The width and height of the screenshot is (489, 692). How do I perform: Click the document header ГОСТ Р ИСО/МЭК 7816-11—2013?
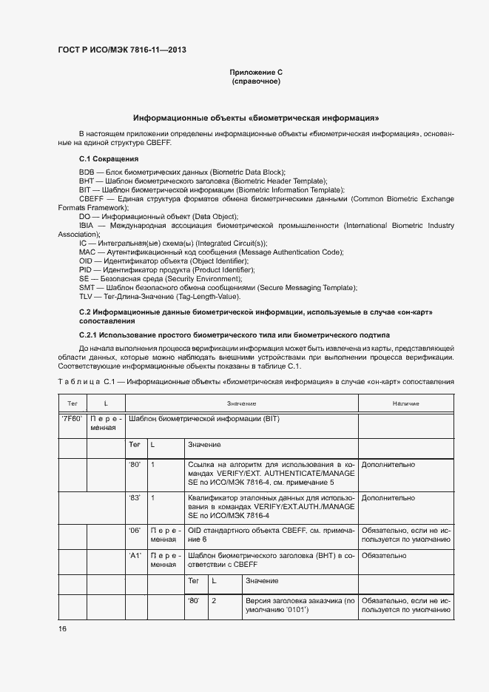tap(121, 50)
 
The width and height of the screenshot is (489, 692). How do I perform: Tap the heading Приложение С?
tap(256, 72)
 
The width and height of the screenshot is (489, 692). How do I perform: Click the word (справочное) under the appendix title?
tap(256, 81)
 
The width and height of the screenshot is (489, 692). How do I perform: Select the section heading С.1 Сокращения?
tap(109, 159)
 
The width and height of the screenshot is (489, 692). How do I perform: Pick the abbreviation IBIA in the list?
tap(87, 225)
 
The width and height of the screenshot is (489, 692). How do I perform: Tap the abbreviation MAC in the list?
tap(87, 252)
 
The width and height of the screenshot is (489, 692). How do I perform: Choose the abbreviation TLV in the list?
tap(87, 296)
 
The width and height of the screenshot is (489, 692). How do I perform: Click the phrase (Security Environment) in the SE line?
tap(202, 278)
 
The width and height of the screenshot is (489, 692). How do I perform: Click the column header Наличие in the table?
tap(405, 403)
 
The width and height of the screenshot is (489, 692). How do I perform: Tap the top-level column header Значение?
tap(242, 403)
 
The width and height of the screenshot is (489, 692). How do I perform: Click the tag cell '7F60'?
tap(72, 419)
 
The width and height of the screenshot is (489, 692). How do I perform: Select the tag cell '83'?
tap(135, 498)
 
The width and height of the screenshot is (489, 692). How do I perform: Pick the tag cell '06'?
tap(135, 531)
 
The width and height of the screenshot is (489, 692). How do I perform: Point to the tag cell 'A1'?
tap(135, 555)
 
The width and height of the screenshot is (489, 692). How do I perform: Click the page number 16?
tap(63, 628)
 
